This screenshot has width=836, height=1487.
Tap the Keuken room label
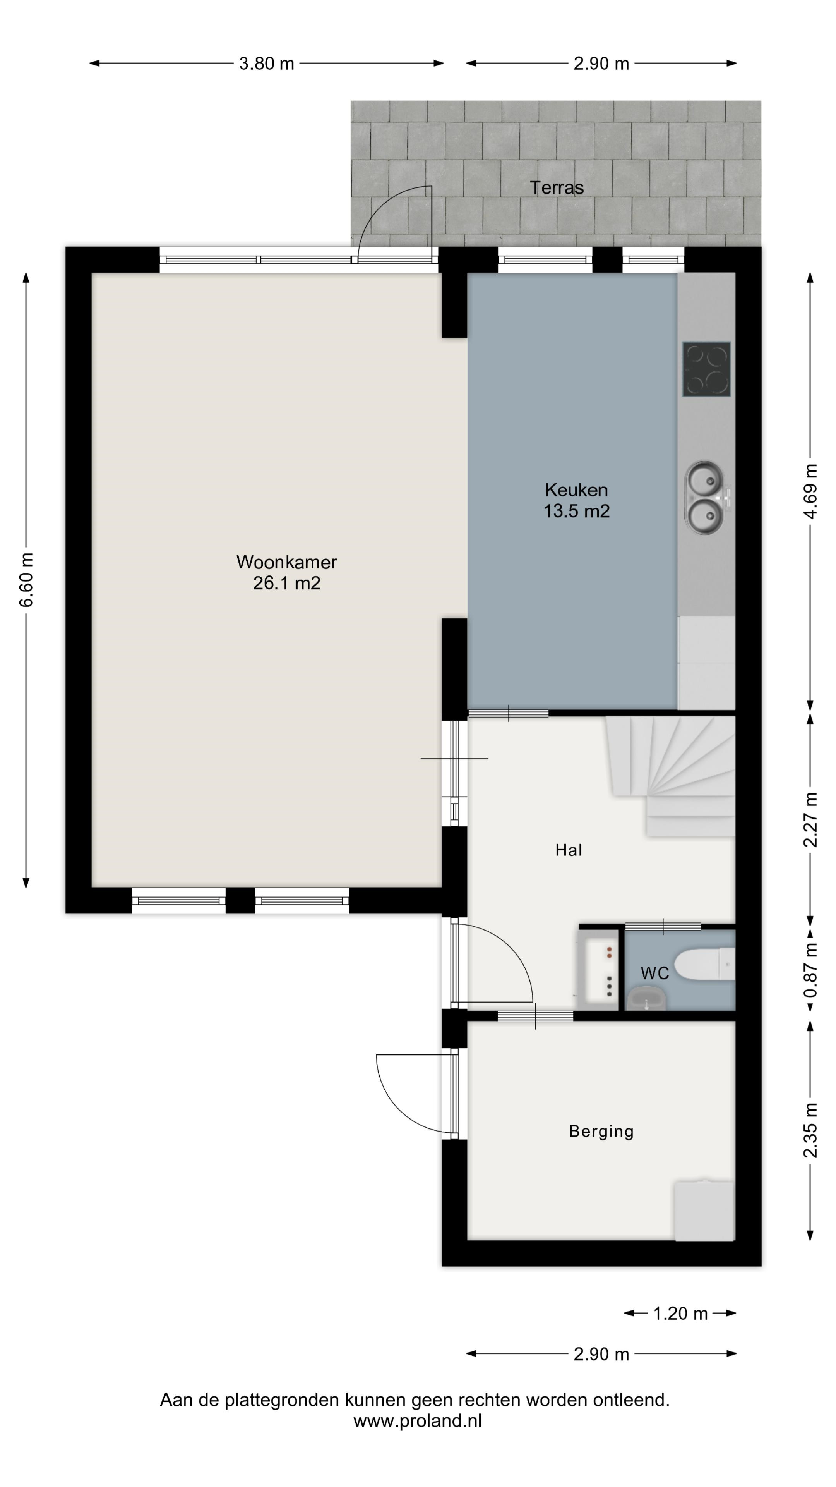[x=576, y=490]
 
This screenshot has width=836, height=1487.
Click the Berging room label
[x=601, y=1132]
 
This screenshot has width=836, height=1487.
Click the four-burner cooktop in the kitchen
[x=706, y=369]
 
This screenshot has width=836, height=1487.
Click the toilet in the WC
[x=704, y=965]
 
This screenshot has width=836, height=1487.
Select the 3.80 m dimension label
[x=267, y=64]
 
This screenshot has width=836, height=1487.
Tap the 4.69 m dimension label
[x=810, y=491]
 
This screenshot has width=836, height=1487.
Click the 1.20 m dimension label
[x=680, y=1314]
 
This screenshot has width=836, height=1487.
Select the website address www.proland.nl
[x=418, y=1421]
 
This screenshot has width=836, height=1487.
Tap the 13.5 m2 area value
[x=576, y=511]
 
